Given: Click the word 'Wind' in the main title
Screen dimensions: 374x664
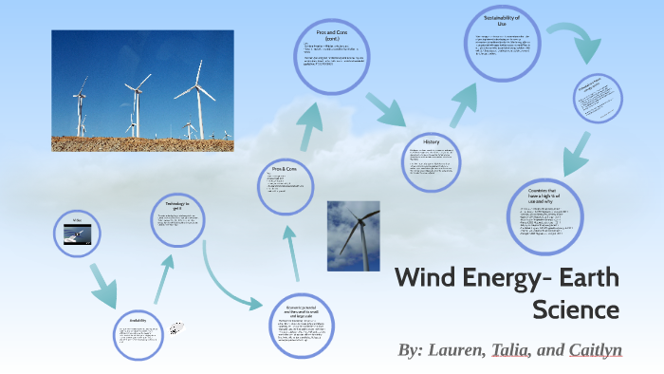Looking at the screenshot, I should [425, 279].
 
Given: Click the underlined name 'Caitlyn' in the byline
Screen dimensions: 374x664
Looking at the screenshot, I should [595, 349].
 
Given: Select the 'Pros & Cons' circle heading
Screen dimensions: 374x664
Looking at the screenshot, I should [285, 167].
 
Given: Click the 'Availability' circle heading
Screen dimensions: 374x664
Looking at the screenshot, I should [139, 321].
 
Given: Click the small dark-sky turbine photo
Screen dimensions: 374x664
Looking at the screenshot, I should [353, 235].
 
